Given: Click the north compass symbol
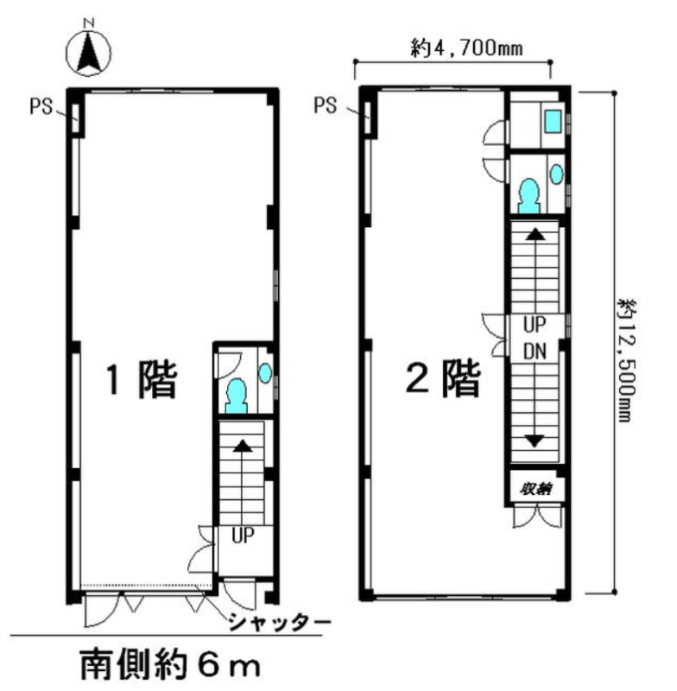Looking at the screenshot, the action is pos(89,52).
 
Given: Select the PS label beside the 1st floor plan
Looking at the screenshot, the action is pos(41,106).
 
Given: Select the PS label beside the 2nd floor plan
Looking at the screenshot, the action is pos(325,105).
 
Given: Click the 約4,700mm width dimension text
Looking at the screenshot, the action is pos(467,48).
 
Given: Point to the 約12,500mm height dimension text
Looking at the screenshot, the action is pos(626,359).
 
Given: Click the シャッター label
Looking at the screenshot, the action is pos(279,622).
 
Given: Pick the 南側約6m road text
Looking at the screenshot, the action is pos(170,665).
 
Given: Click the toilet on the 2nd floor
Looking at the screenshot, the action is pos(529,196).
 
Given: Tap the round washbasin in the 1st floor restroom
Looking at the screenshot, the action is pos(265,373).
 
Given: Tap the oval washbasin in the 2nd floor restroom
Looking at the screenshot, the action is pos(557,174).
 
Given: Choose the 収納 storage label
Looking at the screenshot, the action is pos(536,489).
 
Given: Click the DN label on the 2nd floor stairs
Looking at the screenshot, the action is pos(535,352).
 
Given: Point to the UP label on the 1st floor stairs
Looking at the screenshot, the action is pos(243,536).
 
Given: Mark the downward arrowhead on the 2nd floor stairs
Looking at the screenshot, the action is pos(535,441).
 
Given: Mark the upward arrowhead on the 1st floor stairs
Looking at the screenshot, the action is pos(243,446).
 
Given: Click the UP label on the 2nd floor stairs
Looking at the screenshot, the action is pos(535,325).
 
